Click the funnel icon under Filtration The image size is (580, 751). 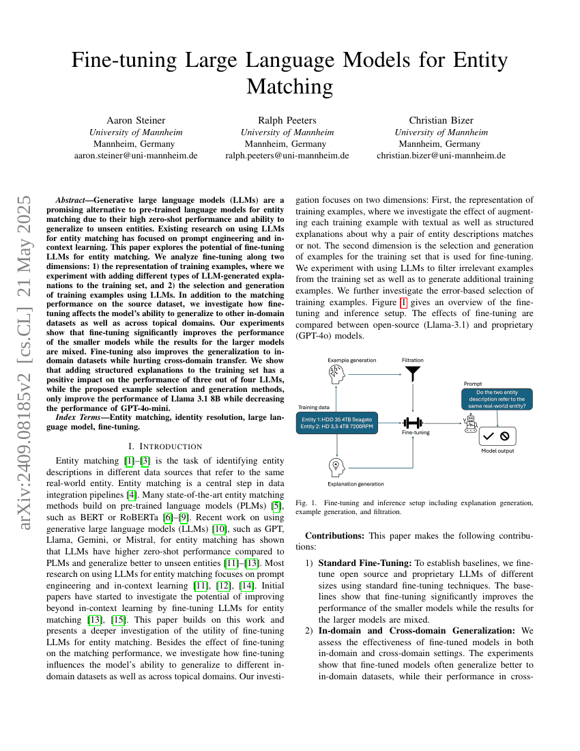(412, 373)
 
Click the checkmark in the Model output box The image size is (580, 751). (489, 436)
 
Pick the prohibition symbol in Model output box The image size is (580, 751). (505, 436)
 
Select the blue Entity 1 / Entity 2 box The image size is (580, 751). (336, 423)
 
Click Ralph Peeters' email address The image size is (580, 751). (287, 156)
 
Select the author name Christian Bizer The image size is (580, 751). (441, 120)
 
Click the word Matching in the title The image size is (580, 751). (289, 87)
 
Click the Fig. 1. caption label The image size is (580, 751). (306, 503)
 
